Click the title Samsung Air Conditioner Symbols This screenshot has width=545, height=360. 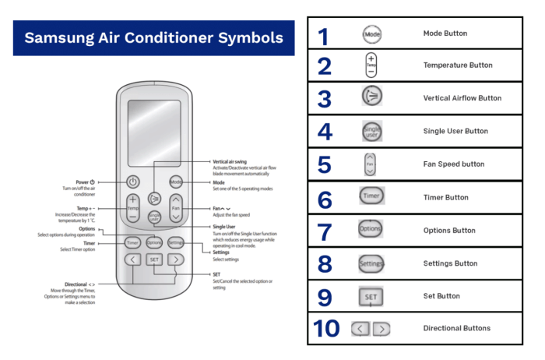pos(153,37)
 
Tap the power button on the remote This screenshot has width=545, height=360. pos(132,182)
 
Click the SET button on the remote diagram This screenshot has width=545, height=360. pos(154,259)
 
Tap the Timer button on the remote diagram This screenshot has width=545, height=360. pos(132,242)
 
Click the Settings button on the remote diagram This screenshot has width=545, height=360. pos(176,242)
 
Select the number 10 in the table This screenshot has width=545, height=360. pos(325,329)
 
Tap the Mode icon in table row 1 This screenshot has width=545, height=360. pos(371,34)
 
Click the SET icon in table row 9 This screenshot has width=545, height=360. pos(371,296)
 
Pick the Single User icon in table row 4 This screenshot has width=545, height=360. pos(371,132)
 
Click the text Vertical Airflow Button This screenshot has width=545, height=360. pos(462,98)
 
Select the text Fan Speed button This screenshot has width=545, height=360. pos(453,164)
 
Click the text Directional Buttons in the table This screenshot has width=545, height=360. pos(456,328)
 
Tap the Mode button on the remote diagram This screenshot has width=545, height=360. pos(176,182)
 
